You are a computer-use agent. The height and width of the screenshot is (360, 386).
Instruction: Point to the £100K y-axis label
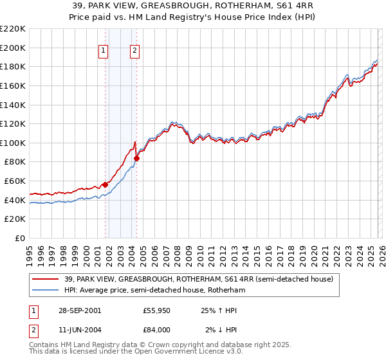click(x=13, y=143)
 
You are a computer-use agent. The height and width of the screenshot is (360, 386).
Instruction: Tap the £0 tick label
click(x=19, y=239)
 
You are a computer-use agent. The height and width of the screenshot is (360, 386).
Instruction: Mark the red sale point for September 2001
click(x=105, y=184)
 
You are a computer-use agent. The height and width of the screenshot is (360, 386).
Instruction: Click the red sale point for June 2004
click(x=136, y=158)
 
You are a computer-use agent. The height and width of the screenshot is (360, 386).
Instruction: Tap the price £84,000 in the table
click(x=156, y=330)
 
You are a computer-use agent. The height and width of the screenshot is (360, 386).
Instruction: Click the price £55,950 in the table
click(x=156, y=310)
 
